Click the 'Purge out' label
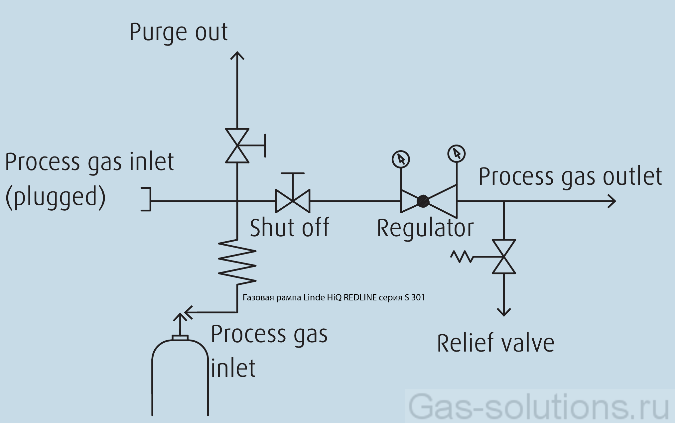178,32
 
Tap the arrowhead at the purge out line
237,55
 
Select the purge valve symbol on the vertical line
237,146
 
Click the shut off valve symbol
293,201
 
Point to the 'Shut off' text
289,228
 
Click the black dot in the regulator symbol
423,201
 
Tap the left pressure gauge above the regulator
401,159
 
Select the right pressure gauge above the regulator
457,154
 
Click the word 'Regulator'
425,228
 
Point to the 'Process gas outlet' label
570,176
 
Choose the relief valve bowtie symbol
504,257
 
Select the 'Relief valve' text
495,343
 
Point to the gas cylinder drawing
180,379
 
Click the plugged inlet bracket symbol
146,199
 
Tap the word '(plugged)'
56,197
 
